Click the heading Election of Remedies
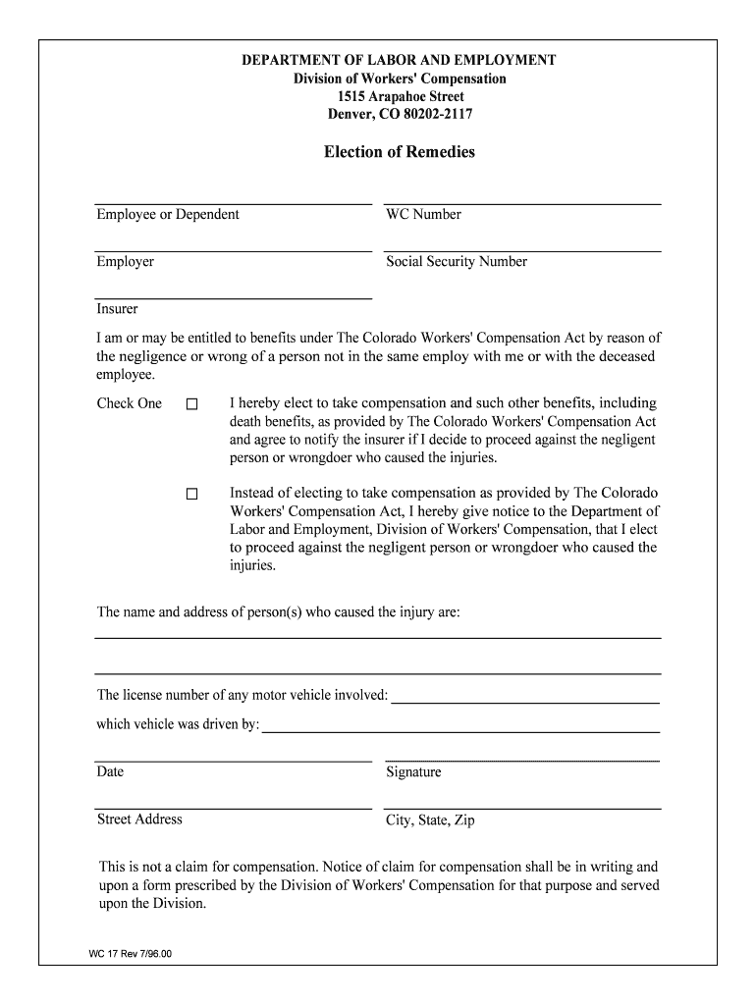(x=400, y=152)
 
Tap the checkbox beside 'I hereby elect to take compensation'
(x=192, y=404)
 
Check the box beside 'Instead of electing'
(x=192, y=494)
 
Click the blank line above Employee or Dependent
(x=233, y=203)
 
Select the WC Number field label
(x=423, y=215)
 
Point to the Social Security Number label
(x=457, y=262)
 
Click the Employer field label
(x=125, y=262)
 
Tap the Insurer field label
(x=117, y=309)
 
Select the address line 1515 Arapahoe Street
(x=400, y=97)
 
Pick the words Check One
(x=129, y=403)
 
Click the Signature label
(x=413, y=772)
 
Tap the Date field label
(x=110, y=771)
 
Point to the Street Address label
(x=139, y=820)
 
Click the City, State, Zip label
(x=430, y=820)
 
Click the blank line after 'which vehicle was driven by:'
(x=460, y=731)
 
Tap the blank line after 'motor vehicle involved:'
(x=524, y=702)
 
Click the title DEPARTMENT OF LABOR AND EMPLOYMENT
(x=400, y=61)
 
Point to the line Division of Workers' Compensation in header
(x=400, y=79)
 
